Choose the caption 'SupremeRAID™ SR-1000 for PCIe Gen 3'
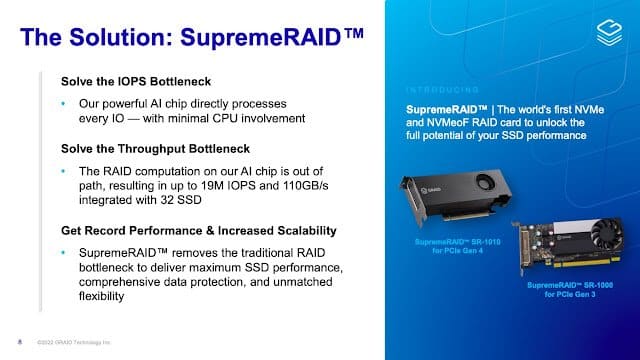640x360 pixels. coord(559,289)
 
